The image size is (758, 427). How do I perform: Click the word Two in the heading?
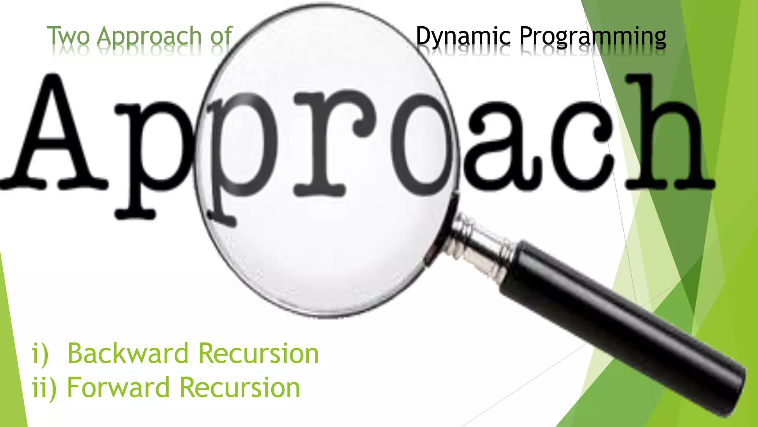(x=68, y=36)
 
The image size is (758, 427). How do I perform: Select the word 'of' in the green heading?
(x=221, y=36)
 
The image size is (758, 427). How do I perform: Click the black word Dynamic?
(x=463, y=36)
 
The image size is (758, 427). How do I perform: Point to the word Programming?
(x=593, y=37)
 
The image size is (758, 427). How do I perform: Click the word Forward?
(x=118, y=388)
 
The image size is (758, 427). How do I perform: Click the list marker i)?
(x=40, y=354)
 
